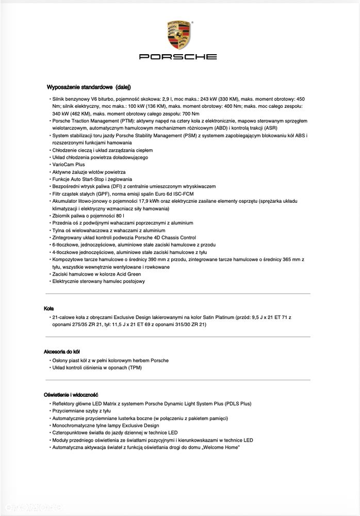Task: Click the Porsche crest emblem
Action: [x=178, y=35]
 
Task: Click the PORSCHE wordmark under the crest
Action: [x=178, y=56]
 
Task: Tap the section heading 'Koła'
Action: [x=49, y=308]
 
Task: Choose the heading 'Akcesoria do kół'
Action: [x=62, y=351]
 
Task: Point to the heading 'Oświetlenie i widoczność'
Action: [x=71, y=395]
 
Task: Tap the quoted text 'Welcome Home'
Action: [x=223, y=447]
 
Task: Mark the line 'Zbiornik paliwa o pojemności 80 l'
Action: [x=88, y=215]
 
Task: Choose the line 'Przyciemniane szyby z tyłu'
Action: [x=81, y=411]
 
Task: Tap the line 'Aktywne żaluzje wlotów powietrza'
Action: [x=89, y=171]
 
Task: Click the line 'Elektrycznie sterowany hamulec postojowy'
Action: [x=99, y=281]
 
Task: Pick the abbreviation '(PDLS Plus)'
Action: [x=239, y=404]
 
